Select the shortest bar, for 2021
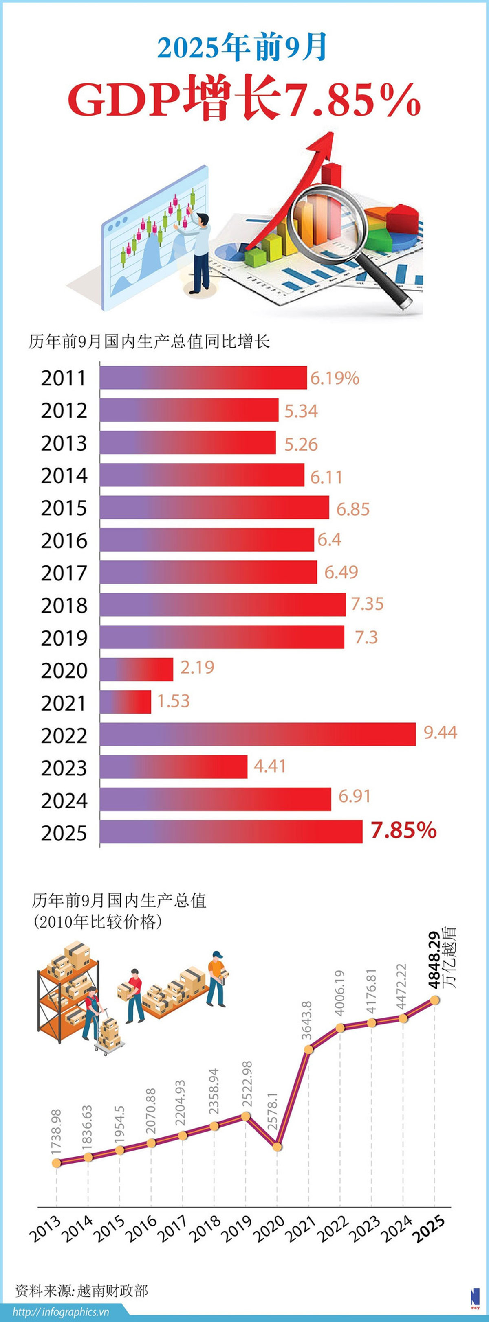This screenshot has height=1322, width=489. point(126,702)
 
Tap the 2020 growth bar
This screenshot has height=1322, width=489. point(136,669)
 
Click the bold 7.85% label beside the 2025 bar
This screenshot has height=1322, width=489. point(404,830)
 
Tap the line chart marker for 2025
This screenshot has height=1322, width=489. point(434,1000)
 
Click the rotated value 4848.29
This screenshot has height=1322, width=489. point(434,960)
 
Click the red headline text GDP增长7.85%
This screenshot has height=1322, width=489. point(244,99)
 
